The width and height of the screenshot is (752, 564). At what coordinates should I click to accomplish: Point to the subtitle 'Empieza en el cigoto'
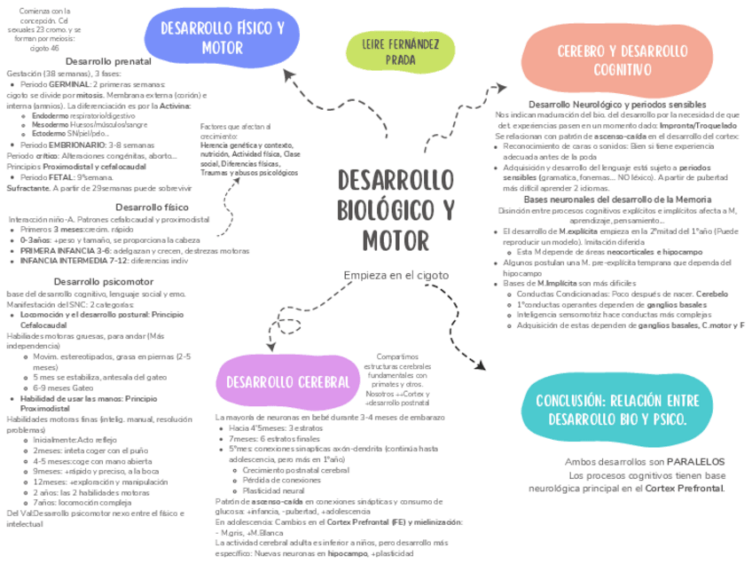(396, 276)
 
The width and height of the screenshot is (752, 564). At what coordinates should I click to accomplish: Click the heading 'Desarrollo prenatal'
(108, 61)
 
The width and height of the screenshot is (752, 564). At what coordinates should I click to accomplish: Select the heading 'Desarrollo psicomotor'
(96, 282)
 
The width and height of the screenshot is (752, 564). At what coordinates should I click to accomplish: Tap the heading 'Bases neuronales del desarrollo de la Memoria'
(618, 200)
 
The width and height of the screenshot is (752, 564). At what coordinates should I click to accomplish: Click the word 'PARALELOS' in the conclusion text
(695, 462)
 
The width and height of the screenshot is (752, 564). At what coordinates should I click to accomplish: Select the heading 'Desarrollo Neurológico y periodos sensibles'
(617, 105)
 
